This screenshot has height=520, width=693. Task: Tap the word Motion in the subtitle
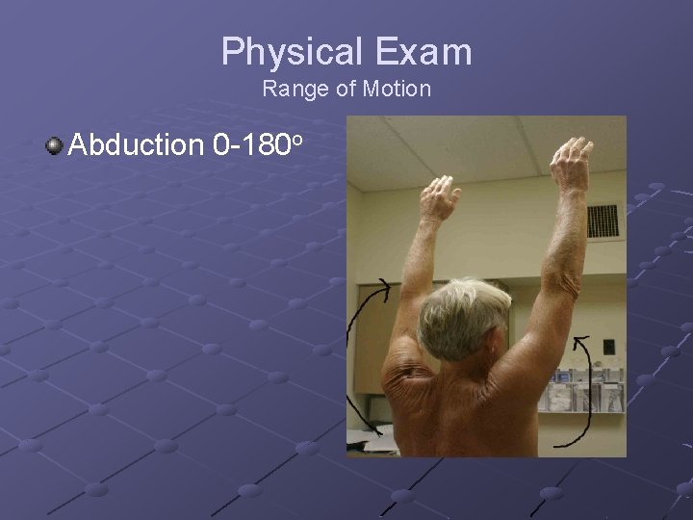click(x=397, y=90)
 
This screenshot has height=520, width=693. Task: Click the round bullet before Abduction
click(x=55, y=146)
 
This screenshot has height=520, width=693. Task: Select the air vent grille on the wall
click(x=603, y=221)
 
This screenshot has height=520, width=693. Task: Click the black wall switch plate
click(x=608, y=347)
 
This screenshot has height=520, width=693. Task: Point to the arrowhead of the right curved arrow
click(x=579, y=338)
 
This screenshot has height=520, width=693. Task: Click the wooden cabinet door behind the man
click(x=370, y=337)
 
